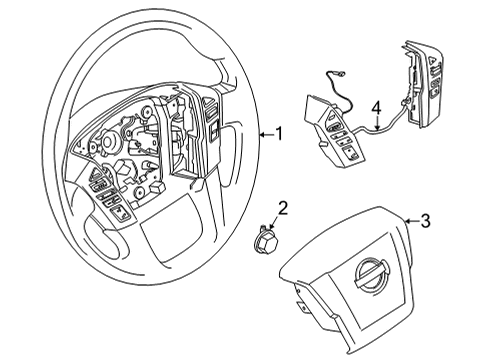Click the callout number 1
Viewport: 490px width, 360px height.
[x=279, y=133]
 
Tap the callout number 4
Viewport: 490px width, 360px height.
[x=376, y=107]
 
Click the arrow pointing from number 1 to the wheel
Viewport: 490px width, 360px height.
[x=263, y=133]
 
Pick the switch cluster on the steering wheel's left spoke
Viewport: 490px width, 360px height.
[x=108, y=194]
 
